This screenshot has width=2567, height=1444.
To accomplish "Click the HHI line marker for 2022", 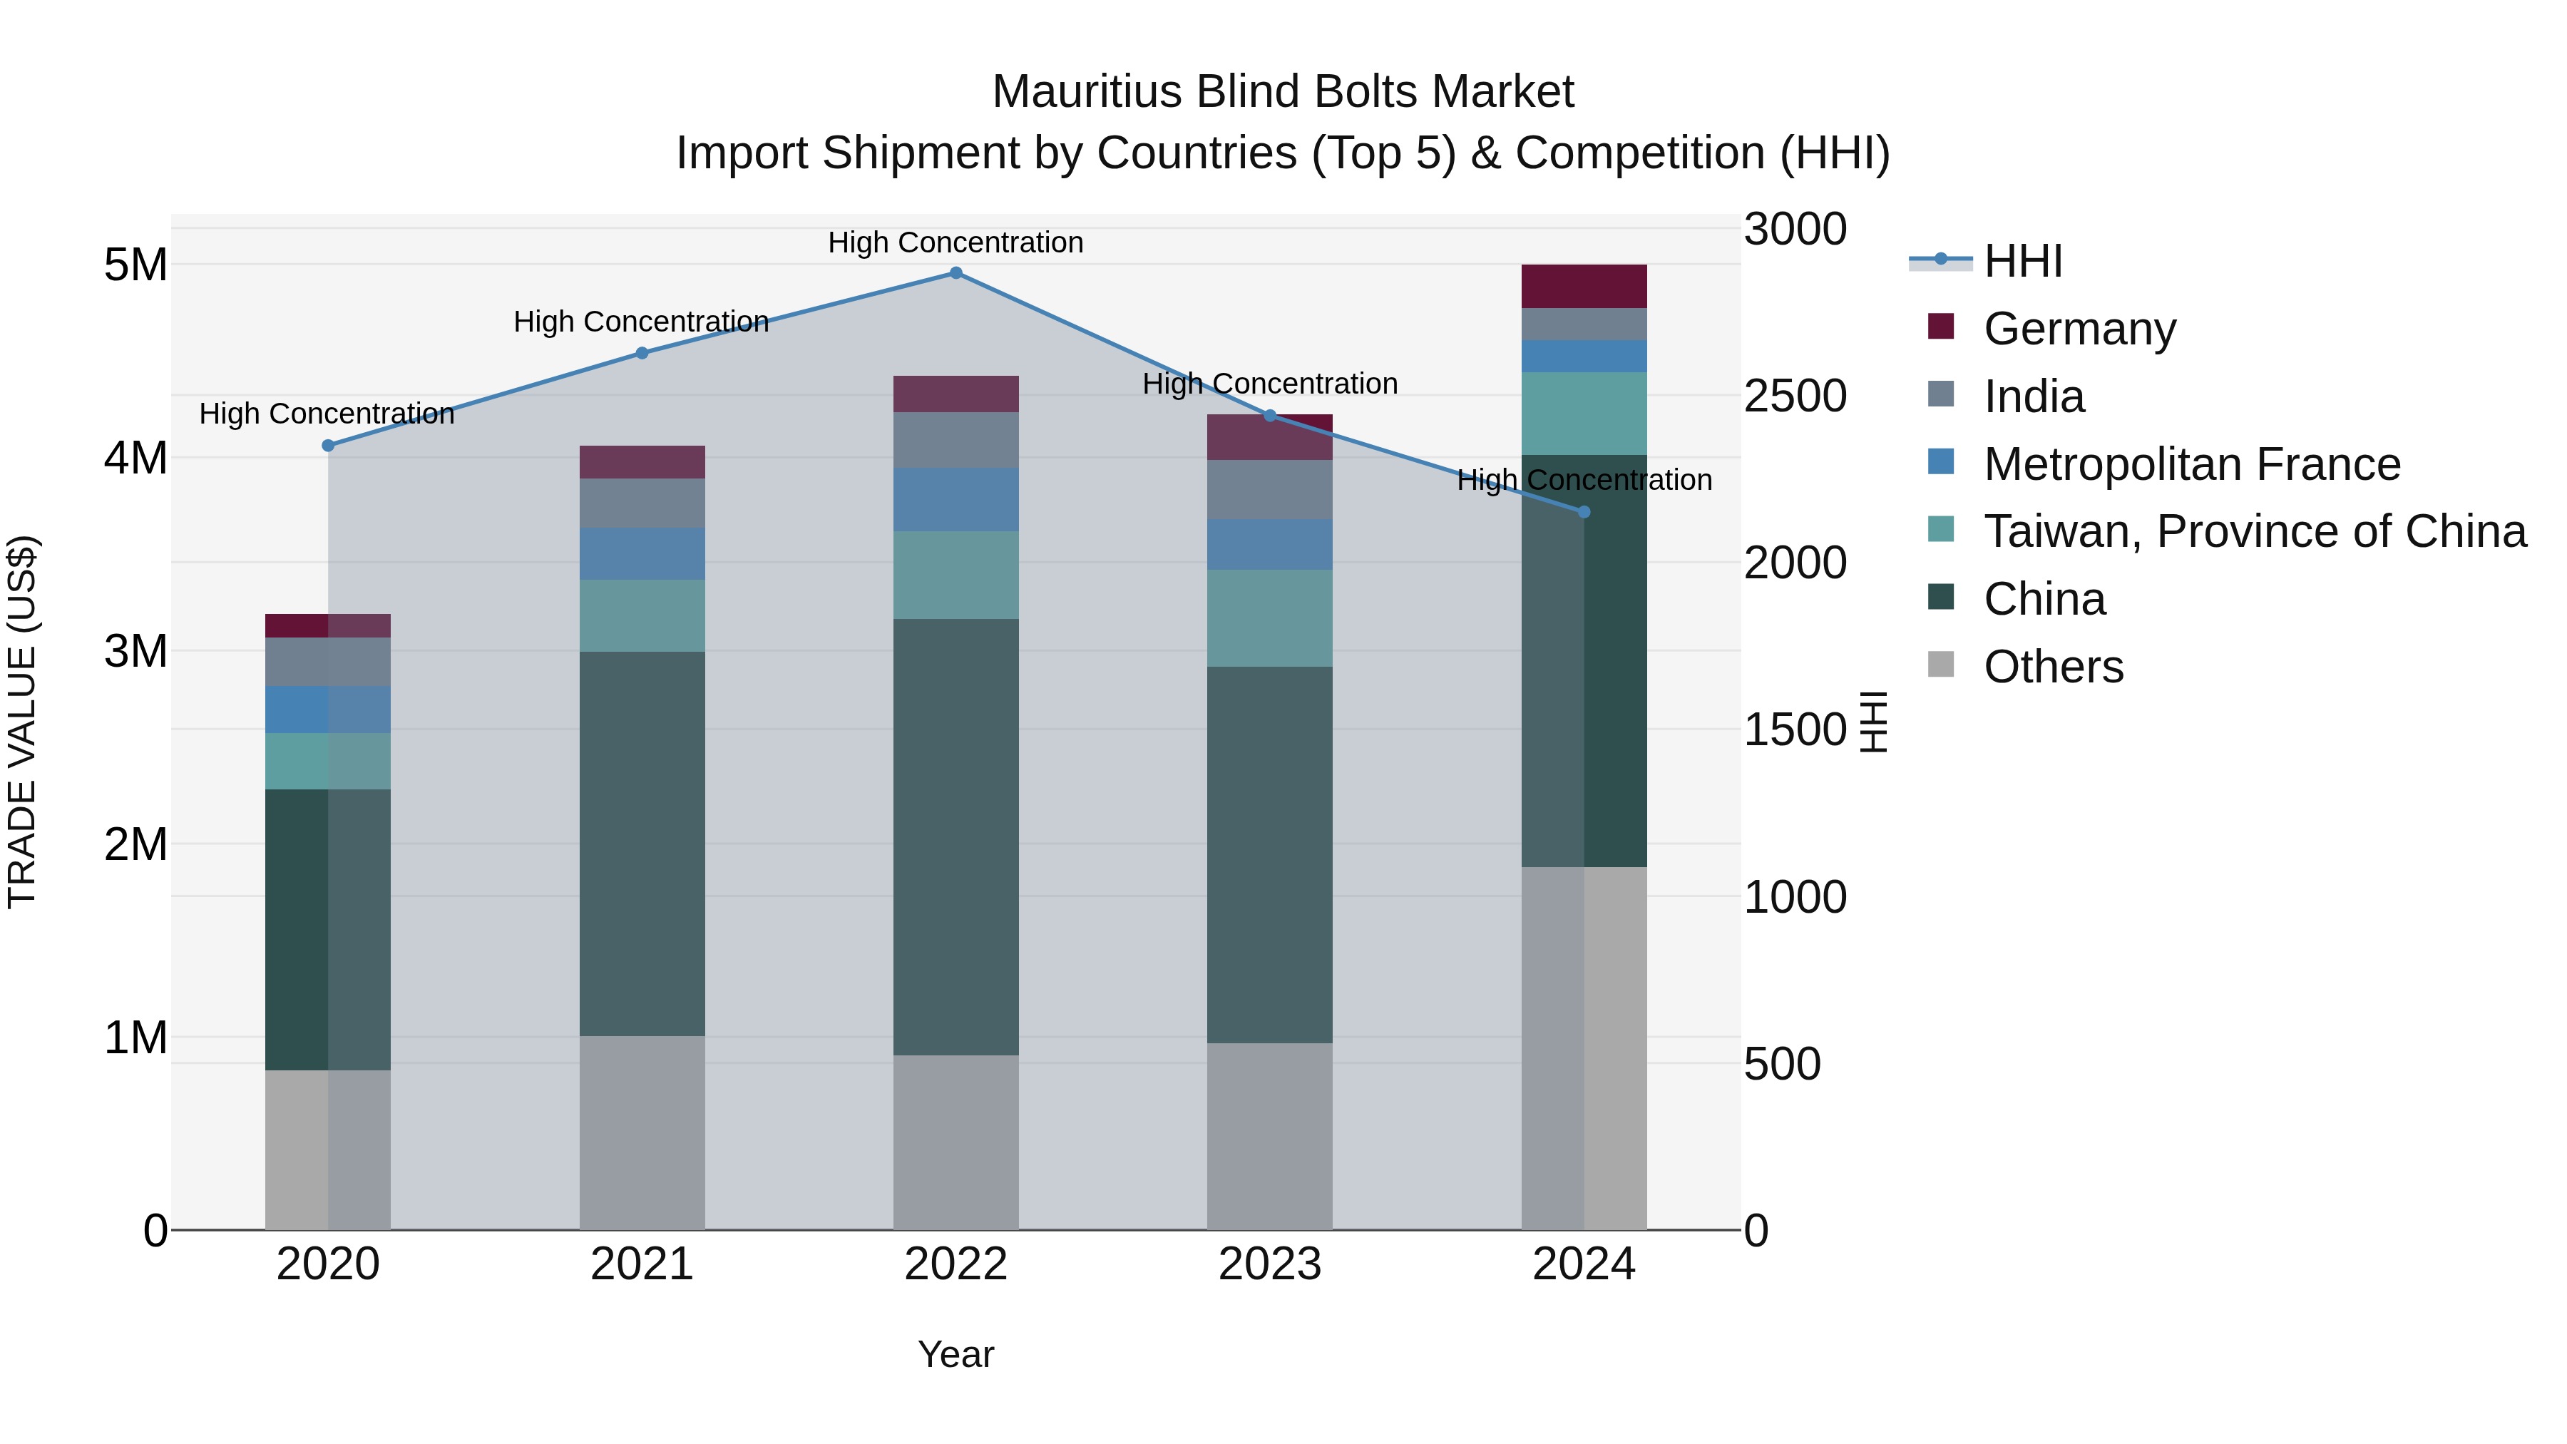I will [955, 273].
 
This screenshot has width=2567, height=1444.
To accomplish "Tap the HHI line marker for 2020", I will [328, 446].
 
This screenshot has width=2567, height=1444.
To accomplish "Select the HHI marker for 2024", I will [1584, 512].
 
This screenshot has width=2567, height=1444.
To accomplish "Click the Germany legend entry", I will [2079, 329].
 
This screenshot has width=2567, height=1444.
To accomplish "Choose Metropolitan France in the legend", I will [2191, 464].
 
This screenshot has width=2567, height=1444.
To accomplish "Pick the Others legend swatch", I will [1941, 665].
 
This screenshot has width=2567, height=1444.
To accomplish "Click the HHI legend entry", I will [2022, 261].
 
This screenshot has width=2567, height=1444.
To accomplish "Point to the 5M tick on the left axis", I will [135, 265].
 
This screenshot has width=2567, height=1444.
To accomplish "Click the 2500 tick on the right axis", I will [1795, 396].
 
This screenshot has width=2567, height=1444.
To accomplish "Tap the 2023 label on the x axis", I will [1269, 1264].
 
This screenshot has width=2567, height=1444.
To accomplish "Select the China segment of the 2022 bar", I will [955, 837].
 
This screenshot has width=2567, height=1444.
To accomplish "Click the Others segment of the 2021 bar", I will [642, 1133].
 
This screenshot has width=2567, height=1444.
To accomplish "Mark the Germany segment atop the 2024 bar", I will [1584, 287].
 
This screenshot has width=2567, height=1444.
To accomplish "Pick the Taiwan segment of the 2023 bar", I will [1269, 618].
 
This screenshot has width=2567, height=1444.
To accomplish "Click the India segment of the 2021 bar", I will [642, 503].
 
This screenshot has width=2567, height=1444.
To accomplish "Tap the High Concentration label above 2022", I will [955, 243].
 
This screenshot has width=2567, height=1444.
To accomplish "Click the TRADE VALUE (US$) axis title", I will [22, 722].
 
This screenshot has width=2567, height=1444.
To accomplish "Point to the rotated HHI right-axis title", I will [1873, 722].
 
